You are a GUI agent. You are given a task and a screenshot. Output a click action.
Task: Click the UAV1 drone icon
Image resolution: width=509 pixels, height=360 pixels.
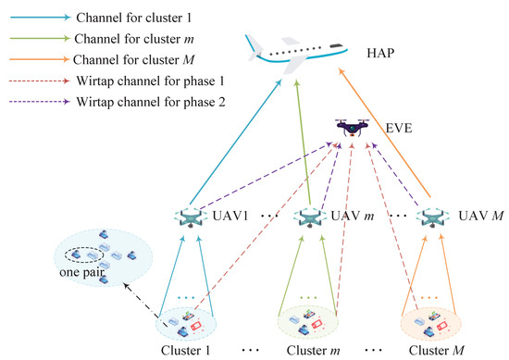(191, 219)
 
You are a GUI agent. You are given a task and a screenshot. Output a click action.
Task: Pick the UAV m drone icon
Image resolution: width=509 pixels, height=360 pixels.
(310, 219)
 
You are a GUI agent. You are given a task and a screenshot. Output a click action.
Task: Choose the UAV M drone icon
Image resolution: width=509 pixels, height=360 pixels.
(433, 219)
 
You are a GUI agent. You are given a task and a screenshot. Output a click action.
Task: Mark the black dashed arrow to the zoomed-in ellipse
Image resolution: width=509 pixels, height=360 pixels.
(127, 295)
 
